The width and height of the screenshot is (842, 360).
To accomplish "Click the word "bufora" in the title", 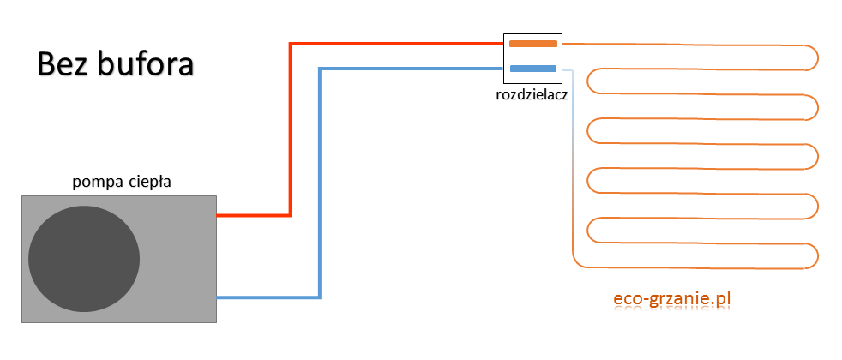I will pos(147,64).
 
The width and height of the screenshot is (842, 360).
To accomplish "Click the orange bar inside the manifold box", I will pos(532,42).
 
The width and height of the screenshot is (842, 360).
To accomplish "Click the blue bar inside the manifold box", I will pos(532,69).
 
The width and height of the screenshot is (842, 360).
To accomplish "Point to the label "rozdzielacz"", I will pos(532,94).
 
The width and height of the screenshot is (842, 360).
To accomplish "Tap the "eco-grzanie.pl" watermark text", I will pos(671,298).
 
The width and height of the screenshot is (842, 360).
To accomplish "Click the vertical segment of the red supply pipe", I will pos(291,129).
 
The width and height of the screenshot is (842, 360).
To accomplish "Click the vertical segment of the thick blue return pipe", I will pos(320,180).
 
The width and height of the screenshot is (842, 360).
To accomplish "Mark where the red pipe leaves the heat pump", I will pos(219,215).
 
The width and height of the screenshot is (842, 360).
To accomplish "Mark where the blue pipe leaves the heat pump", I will pos(219,297).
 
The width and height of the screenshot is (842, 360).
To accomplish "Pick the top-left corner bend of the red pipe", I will pos(292,44).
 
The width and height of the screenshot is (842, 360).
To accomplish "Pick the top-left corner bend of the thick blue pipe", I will pos(321,69).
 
